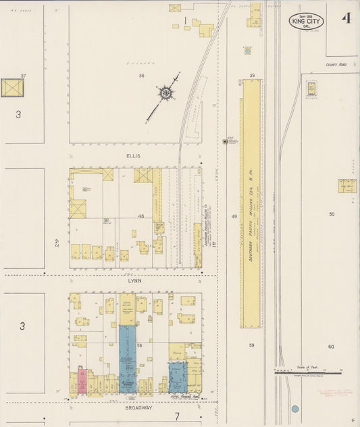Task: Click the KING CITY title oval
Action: point(306,21)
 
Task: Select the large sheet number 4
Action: point(346,18)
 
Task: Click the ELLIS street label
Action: point(132,155)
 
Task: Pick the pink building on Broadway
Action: point(82,380)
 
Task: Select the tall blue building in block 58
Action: point(128,358)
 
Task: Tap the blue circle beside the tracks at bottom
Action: point(294,409)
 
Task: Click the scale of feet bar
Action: point(308,372)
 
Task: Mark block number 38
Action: point(142,76)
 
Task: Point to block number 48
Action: point(142,216)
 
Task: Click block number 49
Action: point(234,216)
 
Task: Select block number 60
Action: point(331,347)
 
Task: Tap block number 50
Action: point(332,214)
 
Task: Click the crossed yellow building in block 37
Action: point(11,88)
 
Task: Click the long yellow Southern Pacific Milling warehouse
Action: point(251,203)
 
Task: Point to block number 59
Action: point(251,345)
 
